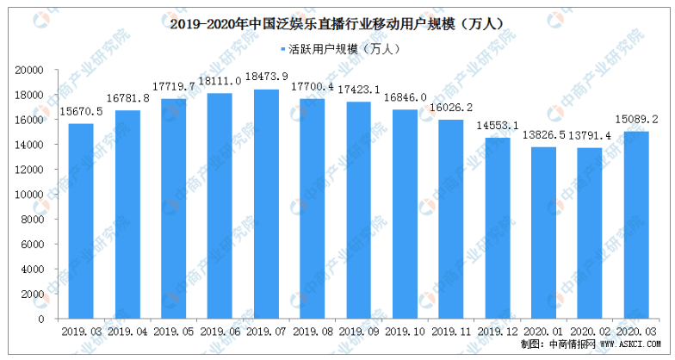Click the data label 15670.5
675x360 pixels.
(x=81, y=113)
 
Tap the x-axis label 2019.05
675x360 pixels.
(x=173, y=331)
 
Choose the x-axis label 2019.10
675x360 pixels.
(x=404, y=331)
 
